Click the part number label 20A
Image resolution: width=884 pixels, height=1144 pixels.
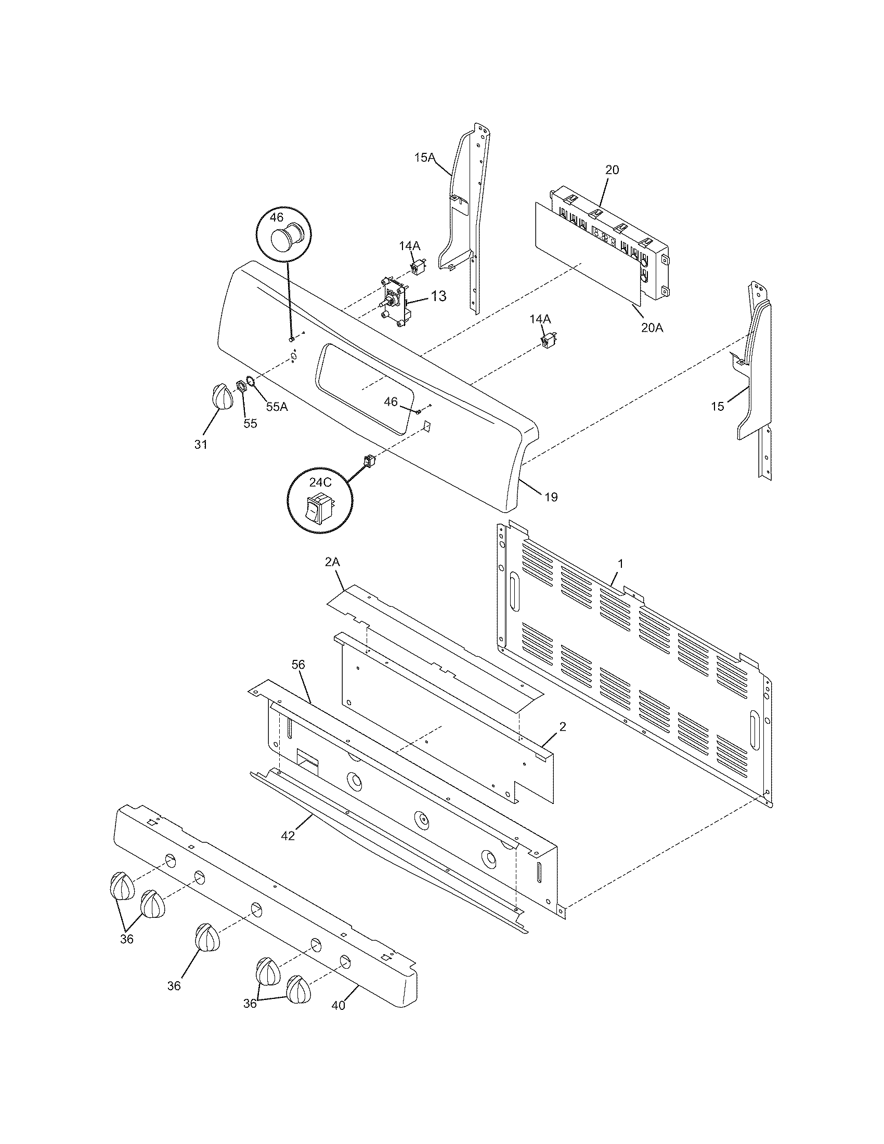652,328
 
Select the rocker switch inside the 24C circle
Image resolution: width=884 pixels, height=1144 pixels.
319,507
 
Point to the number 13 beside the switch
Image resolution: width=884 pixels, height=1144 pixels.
438,296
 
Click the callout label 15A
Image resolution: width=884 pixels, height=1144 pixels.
424,157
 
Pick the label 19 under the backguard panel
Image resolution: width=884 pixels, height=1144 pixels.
551,497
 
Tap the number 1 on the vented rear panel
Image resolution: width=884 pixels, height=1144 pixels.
620,564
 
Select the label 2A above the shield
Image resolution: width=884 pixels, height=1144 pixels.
333,562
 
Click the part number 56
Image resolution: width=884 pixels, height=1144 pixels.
298,665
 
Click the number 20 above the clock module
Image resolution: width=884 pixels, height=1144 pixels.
612,170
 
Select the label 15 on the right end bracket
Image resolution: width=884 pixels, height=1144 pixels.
718,406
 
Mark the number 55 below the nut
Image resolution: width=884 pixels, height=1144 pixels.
250,423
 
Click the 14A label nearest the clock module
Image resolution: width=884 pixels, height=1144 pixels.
540,319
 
